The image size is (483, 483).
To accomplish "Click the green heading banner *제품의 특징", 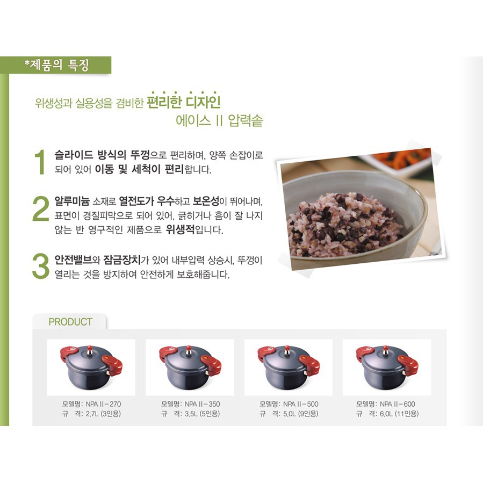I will coord(56,65).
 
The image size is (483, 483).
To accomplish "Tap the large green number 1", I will coord(40,162).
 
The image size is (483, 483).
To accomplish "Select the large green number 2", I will coord(40,209).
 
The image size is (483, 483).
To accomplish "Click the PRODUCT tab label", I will coord(70,322).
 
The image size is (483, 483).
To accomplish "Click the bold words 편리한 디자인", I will coord(183,102).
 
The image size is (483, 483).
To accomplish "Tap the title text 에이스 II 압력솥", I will coord(219,120).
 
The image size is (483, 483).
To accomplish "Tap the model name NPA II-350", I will coord(202,404).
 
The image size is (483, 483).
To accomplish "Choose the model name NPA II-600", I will coord(398,404).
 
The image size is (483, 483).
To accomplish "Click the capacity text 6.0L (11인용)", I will coord(399,414).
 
